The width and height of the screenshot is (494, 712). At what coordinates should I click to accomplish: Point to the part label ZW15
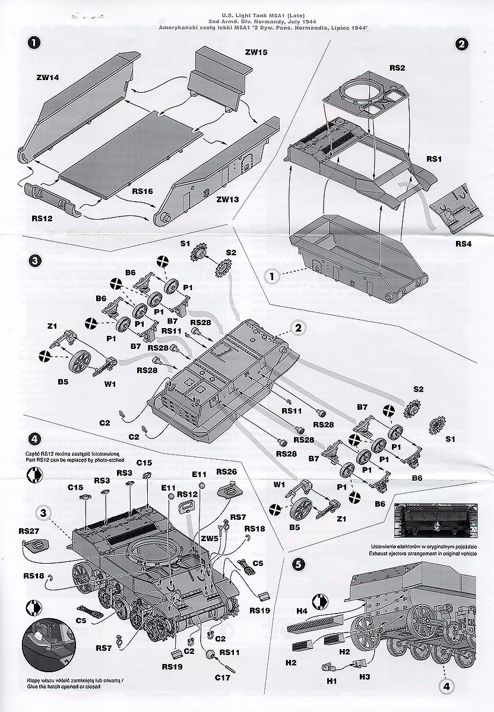coord(255,52)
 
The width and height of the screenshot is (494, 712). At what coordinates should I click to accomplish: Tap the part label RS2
coord(397,68)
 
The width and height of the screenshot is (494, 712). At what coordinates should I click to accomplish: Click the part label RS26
coord(227,472)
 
